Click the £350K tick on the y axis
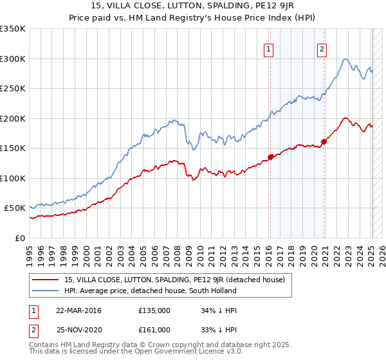(12, 29)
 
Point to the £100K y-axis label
(12, 178)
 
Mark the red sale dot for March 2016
(270, 157)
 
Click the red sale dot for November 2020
(324, 142)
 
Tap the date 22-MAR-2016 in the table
(78, 310)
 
